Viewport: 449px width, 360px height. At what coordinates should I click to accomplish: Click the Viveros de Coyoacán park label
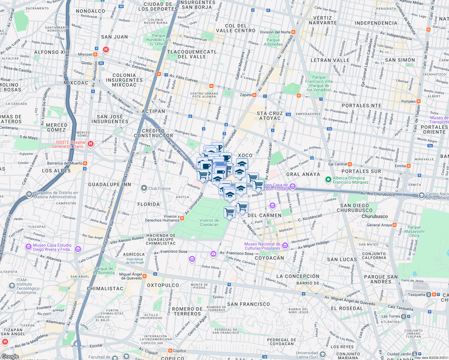point(209,222)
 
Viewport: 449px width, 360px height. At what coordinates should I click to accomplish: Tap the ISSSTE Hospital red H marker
point(90,144)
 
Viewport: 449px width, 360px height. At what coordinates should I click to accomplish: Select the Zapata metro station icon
point(255,95)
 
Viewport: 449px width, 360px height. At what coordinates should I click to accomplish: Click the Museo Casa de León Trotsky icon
point(293,187)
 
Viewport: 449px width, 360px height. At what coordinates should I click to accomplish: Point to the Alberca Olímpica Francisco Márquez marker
point(328,180)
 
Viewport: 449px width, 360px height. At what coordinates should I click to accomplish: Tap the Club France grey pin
point(144,188)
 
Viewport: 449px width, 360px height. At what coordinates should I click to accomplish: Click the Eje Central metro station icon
point(350,164)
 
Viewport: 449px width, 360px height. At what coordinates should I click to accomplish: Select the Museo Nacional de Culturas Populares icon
point(285,246)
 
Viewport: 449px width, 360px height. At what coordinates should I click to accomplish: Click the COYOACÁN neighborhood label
point(269,258)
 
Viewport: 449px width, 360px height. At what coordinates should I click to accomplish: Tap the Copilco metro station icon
point(170,350)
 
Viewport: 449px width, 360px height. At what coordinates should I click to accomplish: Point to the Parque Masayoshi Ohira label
point(414,231)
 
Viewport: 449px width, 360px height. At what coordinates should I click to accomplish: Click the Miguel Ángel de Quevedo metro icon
point(145,276)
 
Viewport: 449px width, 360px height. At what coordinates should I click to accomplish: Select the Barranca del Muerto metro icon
point(85,163)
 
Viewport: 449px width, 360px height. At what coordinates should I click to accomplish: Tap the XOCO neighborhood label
point(245,155)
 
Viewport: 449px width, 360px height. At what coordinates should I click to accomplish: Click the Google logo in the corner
point(10,356)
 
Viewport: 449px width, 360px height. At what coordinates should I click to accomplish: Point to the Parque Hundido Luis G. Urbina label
point(158,40)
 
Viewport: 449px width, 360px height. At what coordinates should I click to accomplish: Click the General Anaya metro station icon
point(395,225)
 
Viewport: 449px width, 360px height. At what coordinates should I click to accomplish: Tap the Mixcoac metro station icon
point(95,55)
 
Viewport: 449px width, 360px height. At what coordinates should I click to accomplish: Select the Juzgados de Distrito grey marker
point(29,194)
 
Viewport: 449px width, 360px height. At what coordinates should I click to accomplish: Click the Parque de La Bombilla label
point(104,271)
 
